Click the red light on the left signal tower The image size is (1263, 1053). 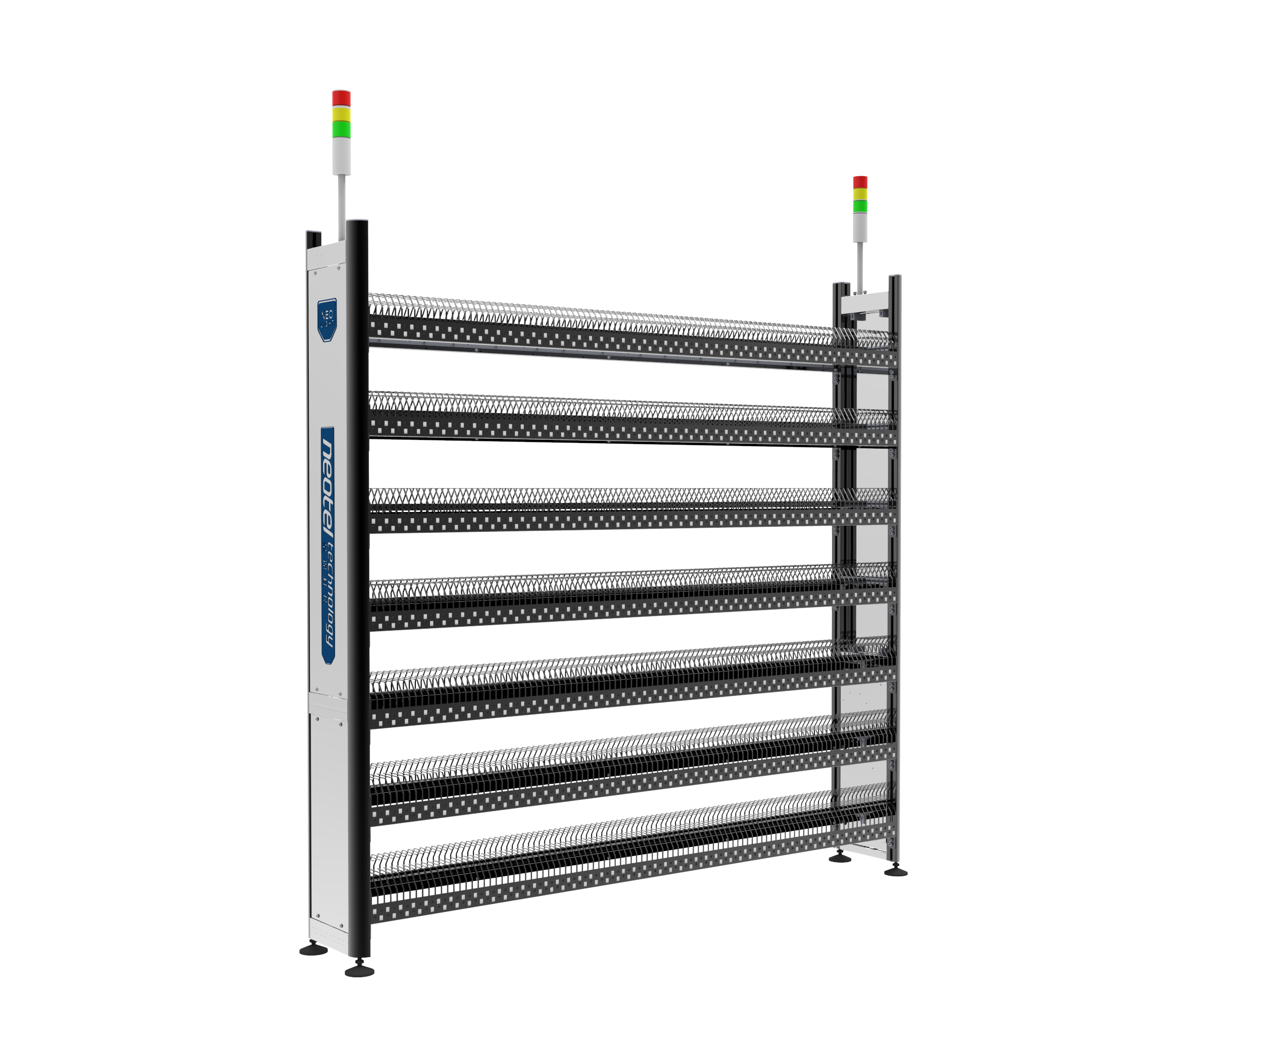point(342,97)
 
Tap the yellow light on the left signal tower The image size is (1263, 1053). point(342,113)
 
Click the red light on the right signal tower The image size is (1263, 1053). point(860,182)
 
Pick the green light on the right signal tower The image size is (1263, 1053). point(860,206)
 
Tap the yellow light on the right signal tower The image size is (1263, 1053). point(860,193)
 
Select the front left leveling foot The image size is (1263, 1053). point(359,971)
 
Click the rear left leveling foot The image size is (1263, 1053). point(313,949)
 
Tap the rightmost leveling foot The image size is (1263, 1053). point(896,871)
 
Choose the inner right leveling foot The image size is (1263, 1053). point(840,858)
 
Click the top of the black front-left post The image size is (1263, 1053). point(357,224)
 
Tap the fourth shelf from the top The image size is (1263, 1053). point(601,595)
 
